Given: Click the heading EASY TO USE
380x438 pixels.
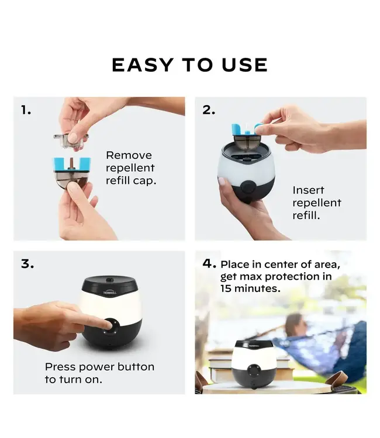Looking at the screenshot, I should point(189,65).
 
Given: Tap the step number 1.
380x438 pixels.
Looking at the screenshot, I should point(26,110).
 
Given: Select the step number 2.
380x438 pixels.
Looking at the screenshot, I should point(209,110).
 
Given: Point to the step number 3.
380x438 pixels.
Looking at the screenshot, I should point(27,264).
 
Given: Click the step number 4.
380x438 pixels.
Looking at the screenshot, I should point(209,264).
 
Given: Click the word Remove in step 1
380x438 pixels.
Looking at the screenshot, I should point(129,155).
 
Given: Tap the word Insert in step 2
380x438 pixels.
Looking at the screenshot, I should point(308,190).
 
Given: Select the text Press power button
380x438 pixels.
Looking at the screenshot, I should point(99,367).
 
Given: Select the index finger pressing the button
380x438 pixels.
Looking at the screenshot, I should point(88,319).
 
